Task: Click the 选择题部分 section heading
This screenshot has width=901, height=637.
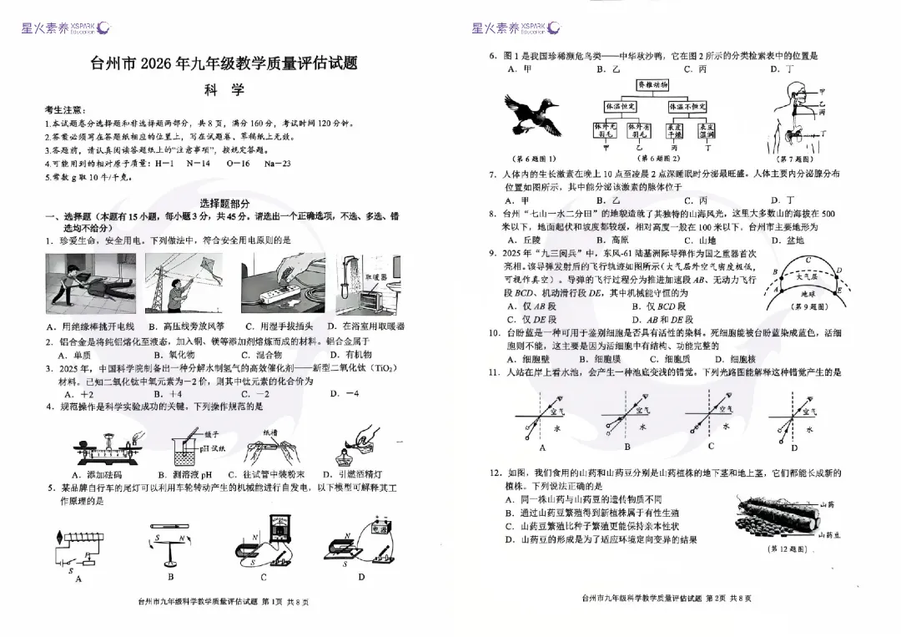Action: click(x=224, y=204)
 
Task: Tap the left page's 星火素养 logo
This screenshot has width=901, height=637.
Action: click(x=63, y=28)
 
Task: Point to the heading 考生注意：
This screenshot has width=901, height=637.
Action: click(x=64, y=110)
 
